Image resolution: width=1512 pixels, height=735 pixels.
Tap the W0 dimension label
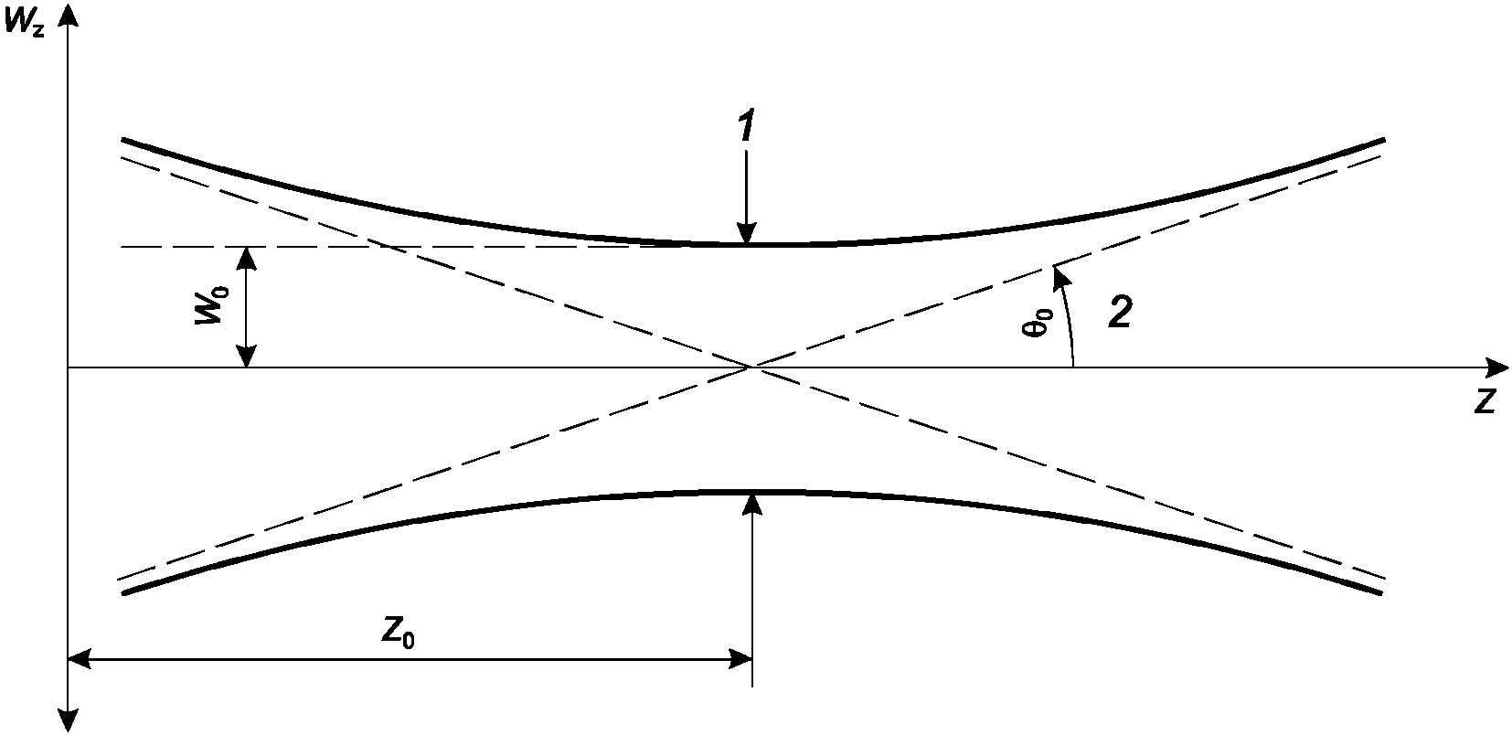[x=213, y=305]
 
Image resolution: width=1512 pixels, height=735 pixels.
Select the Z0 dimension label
[x=398, y=634]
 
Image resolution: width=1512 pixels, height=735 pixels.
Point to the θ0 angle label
[x=1037, y=322]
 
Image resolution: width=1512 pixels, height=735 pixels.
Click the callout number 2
[x=1121, y=312]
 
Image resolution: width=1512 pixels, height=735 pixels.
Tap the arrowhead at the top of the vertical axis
[x=69, y=15]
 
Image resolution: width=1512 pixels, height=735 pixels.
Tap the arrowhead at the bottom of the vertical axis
[x=69, y=720]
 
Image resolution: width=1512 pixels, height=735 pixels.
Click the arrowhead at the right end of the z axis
[x=1496, y=367]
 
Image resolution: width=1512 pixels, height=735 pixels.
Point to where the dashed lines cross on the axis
[x=751, y=367]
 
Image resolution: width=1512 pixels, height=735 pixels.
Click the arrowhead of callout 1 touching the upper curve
[x=747, y=232]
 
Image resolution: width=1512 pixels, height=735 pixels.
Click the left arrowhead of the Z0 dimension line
[x=80, y=659]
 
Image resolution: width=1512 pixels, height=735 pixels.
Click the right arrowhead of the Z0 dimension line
[x=740, y=659]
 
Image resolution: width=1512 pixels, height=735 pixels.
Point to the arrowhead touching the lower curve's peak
[x=752, y=504]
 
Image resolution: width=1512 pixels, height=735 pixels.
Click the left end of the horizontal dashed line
[x=122, y=247]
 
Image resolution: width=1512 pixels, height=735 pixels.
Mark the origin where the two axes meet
[x=69, y=367]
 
